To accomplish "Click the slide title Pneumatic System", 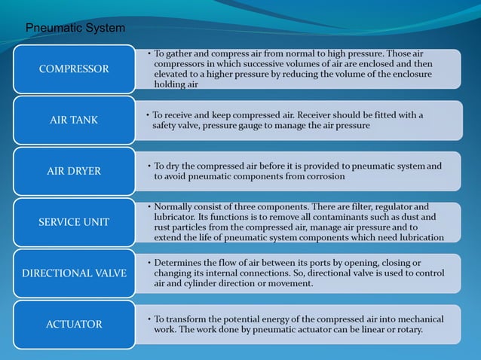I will click(75, 29).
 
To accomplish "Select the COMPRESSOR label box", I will click(74, 69).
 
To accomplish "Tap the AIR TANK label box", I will click(74, 120).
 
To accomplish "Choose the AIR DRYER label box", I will click(74, 171).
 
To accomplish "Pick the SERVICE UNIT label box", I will click(74, 222).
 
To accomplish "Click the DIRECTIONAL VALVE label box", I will click(74, 273).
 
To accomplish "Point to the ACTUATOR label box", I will click(74, 324).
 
